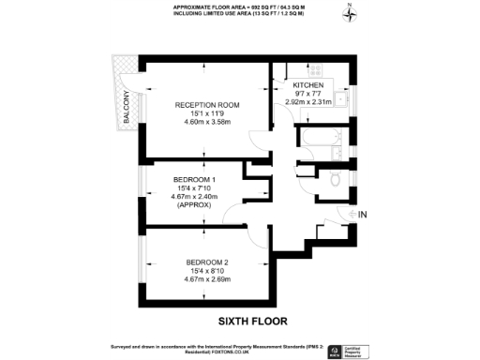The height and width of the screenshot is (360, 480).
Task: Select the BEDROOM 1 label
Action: pos(194,179)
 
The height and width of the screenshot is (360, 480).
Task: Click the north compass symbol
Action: pos(348,14)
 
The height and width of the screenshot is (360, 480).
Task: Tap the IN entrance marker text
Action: pos(365,216)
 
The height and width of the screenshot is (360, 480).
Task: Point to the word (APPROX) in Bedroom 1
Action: pos(194,205)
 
